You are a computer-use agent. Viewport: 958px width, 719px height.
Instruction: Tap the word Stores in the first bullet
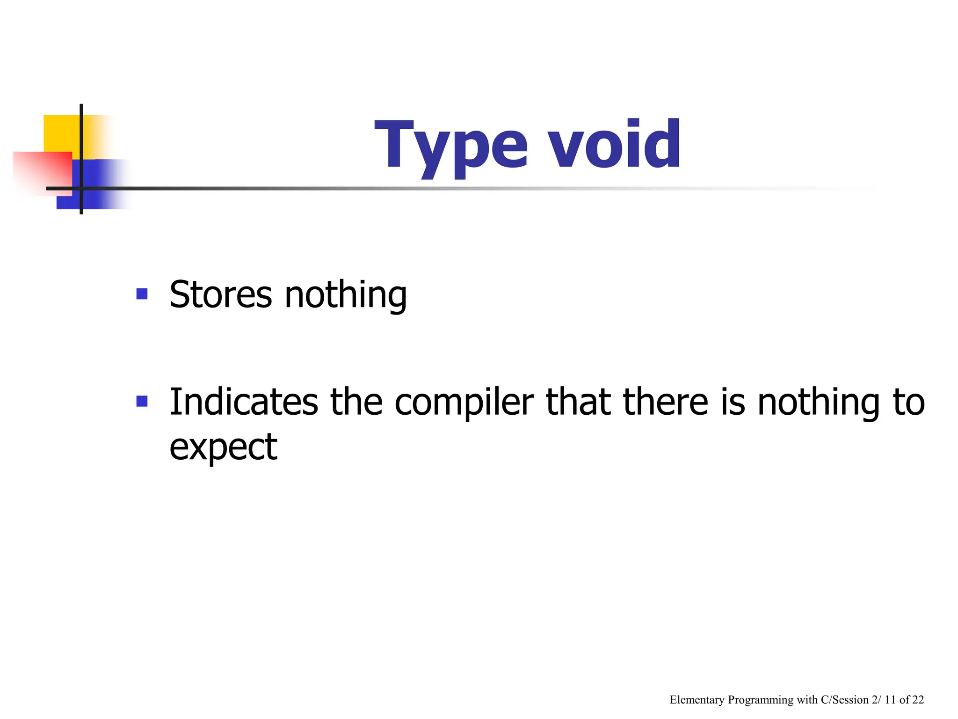(220, 294)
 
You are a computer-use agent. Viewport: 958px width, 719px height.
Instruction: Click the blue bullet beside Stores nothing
(142, 294)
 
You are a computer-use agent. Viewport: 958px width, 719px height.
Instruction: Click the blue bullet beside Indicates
(142, 402)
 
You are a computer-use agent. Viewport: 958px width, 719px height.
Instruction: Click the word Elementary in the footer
(697, 700)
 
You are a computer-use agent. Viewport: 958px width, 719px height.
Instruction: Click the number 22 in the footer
(918, 700)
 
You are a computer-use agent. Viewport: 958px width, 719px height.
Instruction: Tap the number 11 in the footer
(890, 700)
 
